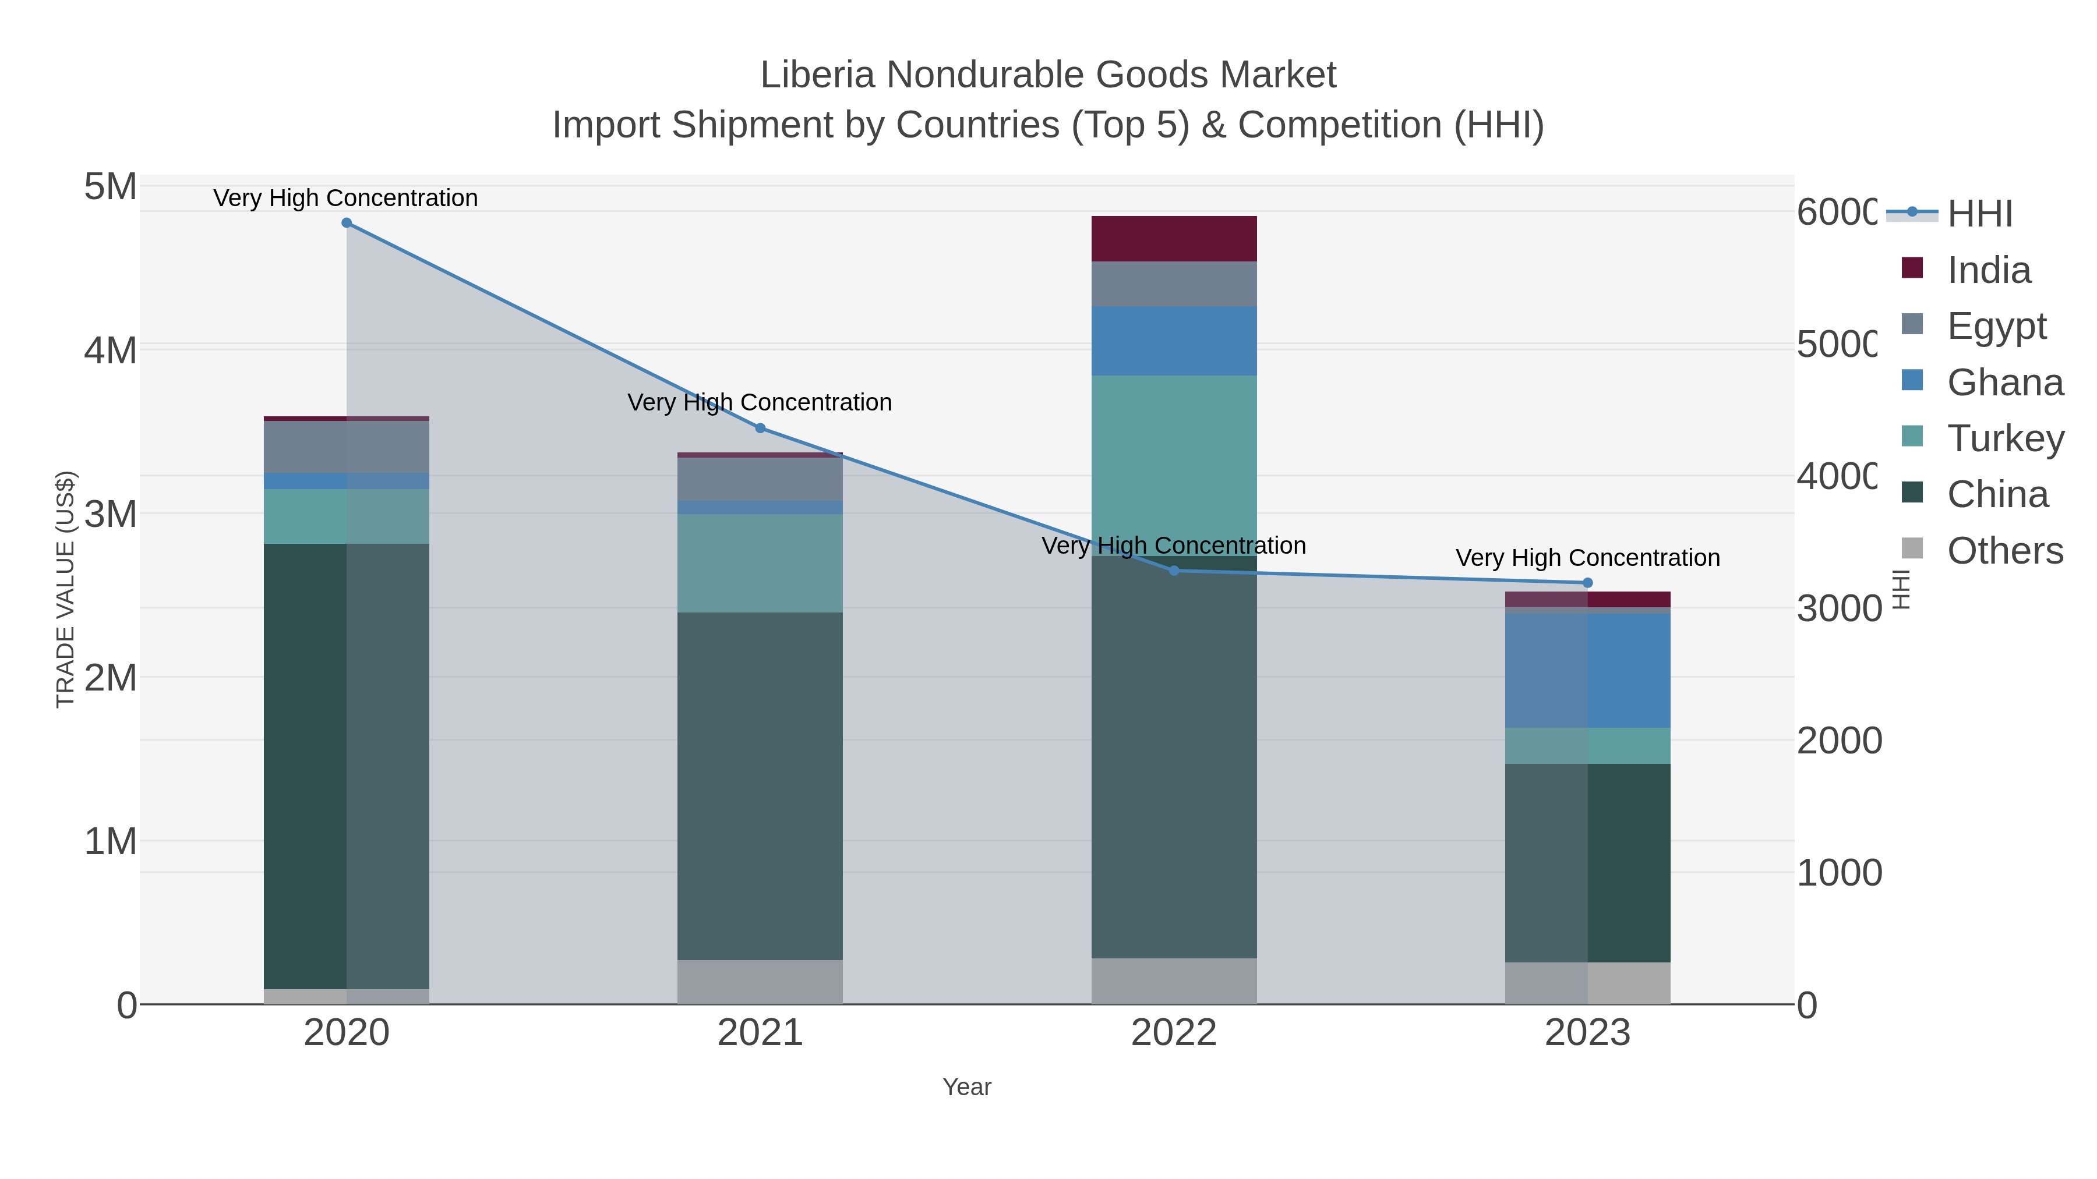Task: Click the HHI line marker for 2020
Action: (347, 223)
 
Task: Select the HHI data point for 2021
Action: (760, 428)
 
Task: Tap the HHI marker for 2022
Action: (1174, 571)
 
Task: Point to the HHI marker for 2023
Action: (1587, 583)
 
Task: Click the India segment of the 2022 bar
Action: (1174, 238)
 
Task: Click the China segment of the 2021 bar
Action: (760, 786)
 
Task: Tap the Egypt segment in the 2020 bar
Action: (347, 447)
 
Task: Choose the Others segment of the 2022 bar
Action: (1174, 980)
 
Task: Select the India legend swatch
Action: (1912, 268)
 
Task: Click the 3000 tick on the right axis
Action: (1839, 608)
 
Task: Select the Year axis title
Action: (966, 1087)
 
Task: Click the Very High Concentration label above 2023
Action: (1587, 558)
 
